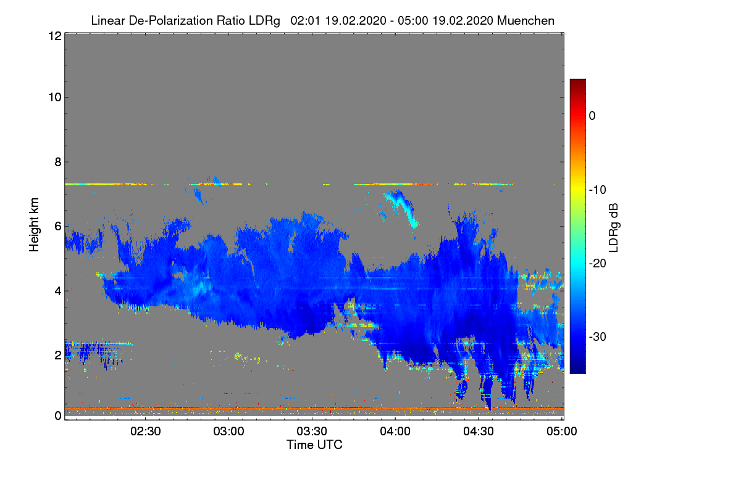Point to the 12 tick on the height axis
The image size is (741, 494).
pyautogui.click(x=54, y=36)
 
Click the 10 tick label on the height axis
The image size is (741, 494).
pyautogui.click(x=54, y=97)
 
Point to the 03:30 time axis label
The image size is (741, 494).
pyautogui.click(x=312, y=432)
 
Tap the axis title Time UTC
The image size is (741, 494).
pyautogui.click(x=314, y=445)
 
